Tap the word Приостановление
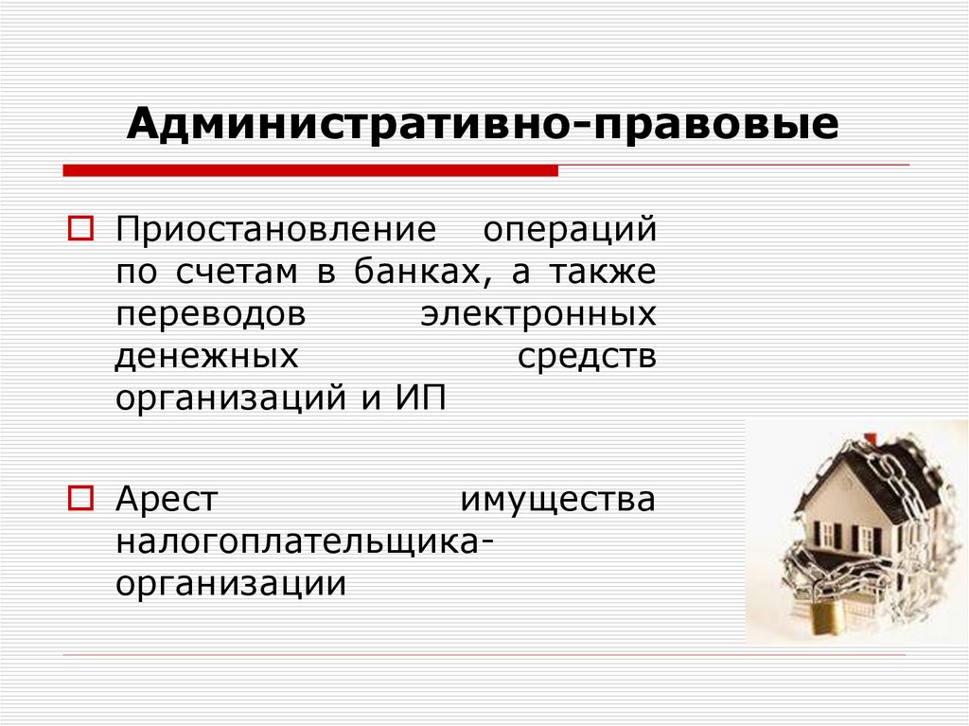[x=275, y=230]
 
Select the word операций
[x=570, y=230]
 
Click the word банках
[x=423, y=272]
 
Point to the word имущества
[x=557, y=498]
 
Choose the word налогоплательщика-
[x=304, y=540]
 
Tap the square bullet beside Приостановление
[x=79, y=230]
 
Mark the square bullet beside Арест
[x=79, y=497]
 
